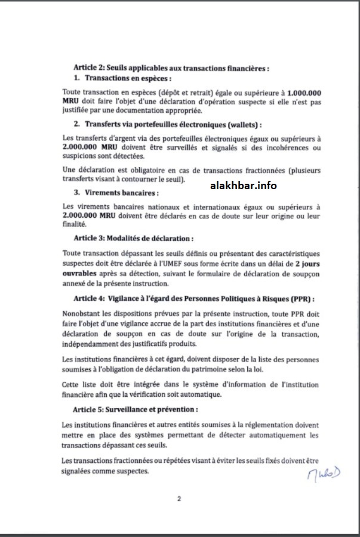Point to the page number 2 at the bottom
pos(179,499)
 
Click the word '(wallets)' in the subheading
pos(242,124)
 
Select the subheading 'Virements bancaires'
pos(113,193)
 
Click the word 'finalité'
pos(75,224)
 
